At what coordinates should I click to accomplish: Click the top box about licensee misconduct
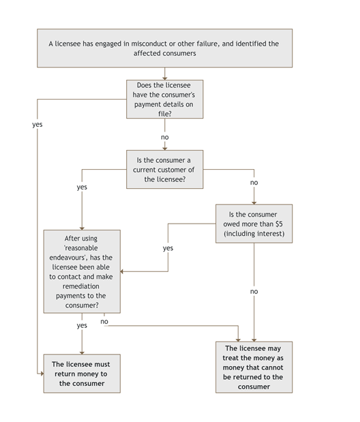click(164, 48)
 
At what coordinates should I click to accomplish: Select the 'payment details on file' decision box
click(164, 99)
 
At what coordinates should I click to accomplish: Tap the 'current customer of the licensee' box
click(164, 169)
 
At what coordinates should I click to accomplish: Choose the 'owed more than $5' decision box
click(254, 224)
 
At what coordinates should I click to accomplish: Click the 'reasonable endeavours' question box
click(82, 271)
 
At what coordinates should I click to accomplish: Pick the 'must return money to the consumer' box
click(82, 374)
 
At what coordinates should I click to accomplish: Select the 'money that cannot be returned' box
click(254, 367)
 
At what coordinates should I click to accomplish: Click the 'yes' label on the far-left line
click(37, 125)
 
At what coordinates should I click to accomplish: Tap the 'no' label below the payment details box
click(164, 137)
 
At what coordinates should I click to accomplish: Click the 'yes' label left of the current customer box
click(82, 186)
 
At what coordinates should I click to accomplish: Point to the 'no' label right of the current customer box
click(254, 183)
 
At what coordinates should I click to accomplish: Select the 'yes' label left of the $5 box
click(168, 248)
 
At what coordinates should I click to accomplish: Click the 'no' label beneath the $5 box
click(254, 291)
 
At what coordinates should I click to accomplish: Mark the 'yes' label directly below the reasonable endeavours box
click(82, 325)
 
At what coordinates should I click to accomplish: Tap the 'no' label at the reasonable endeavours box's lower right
click(104, 321)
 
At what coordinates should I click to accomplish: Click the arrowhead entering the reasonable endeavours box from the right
click(123, 271)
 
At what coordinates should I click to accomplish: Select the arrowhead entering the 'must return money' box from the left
click(40, 374)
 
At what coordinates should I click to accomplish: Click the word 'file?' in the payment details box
click(164, 113)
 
